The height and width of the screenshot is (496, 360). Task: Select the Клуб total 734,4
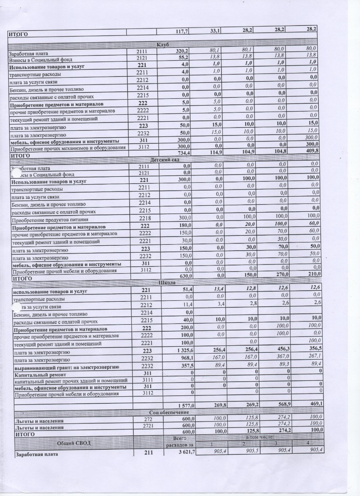(x=180, y=152)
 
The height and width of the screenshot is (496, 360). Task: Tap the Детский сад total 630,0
(x=180, y=276)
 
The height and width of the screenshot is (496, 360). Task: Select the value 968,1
(x=180, y=359)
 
